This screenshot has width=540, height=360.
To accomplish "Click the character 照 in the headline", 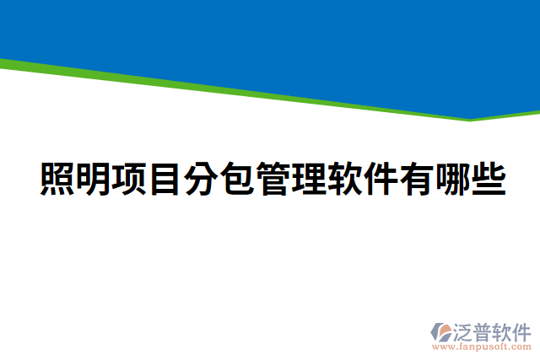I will click(x=57, y=178).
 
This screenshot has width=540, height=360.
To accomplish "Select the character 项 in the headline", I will click(x=129, y=178).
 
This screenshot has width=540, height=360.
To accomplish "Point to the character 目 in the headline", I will click(x=165, y=178).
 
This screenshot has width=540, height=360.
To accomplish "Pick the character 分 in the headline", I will click(x=202, y=178).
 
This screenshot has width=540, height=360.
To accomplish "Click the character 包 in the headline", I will click(x=238, y=178).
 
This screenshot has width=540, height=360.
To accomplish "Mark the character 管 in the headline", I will click(x=274, y=178).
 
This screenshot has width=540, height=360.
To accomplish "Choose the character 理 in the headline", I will click(x=310, y=178).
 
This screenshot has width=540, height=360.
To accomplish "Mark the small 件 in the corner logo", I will click(x=524, y=330).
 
